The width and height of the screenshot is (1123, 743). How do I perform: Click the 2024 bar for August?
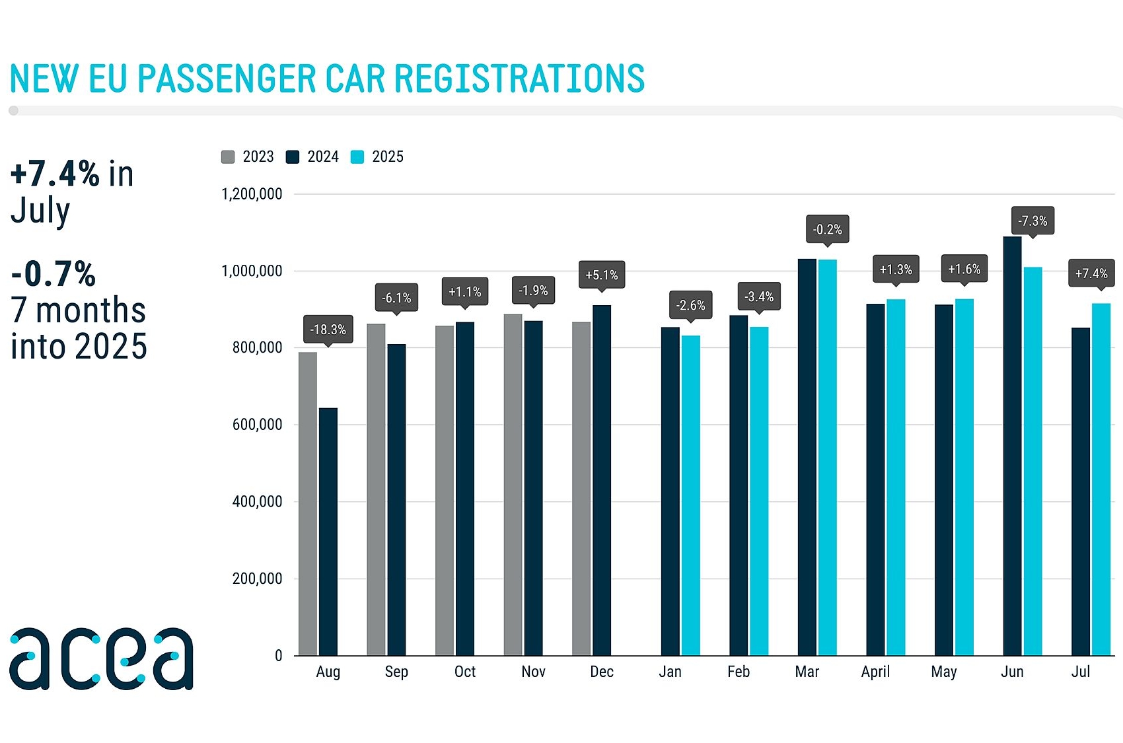(328, 532)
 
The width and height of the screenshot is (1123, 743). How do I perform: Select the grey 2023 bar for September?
(376, 489)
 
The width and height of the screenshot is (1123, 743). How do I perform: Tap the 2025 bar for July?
(1101, 479)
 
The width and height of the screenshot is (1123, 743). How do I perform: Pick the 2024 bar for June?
(1012, 446)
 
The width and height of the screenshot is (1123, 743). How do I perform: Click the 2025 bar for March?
(828, 457)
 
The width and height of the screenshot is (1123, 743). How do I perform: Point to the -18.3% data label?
(328, 330)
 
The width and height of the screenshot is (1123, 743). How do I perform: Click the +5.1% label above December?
(602, 275)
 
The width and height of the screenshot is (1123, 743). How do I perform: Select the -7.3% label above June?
(1032, 221)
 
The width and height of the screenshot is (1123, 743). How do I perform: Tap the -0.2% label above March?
(828, 229)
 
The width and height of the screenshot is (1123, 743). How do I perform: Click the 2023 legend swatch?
(228, 157)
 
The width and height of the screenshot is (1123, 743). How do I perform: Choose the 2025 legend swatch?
(357, 157)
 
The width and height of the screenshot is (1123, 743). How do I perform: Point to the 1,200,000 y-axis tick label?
(252, 194)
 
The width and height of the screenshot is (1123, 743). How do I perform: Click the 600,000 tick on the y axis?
(257, 425)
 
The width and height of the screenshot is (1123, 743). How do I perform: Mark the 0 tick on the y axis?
(278, 656)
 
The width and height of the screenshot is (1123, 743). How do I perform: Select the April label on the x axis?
(875, 672)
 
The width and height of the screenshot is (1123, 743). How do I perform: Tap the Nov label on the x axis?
(533, 672)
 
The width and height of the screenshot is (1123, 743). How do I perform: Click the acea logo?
(101, 658)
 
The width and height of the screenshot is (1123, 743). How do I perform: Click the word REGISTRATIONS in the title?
(519, 79)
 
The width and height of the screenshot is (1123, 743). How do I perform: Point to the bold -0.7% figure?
(54, 274)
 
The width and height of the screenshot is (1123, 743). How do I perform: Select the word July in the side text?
(40, 211)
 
